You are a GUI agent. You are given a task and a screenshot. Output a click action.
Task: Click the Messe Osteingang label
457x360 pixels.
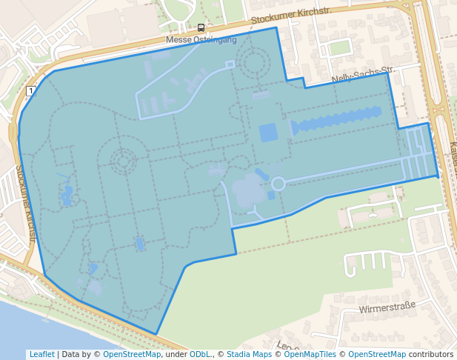[x=200, y=39]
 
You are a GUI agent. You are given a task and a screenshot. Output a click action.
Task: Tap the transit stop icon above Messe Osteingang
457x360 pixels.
[x=200, y=28]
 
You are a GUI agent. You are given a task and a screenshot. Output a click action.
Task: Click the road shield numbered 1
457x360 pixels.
[x=30, y=91]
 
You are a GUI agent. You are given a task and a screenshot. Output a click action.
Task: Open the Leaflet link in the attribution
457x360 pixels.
[x=41, y=354]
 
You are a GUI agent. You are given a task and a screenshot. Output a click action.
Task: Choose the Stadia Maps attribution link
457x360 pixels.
[x=249, y=354]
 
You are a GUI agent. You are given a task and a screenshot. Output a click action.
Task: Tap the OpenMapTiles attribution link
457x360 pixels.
[x=310, y=354]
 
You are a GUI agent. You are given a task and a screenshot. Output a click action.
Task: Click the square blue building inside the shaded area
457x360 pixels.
[x=268, y=133]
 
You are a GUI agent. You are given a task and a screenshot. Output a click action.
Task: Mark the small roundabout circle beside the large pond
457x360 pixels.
[x=278, y=183]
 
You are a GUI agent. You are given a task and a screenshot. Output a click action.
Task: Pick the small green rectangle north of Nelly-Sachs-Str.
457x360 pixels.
[x=339, y=48]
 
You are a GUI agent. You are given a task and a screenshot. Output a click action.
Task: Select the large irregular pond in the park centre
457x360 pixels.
[x=248, y=190]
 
